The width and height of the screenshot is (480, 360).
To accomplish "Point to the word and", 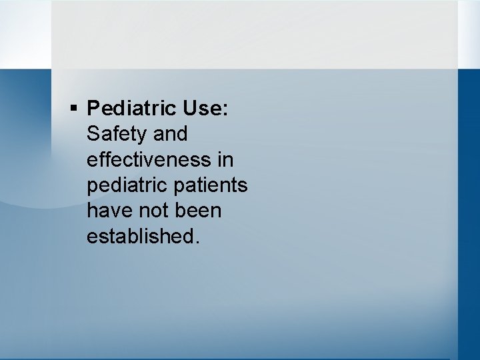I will tap(170, 133).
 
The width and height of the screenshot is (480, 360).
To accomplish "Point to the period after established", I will tap(196, 243).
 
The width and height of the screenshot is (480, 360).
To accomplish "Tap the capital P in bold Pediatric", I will tap(93, 107).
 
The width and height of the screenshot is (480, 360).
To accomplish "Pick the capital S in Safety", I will tap(93, 133).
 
